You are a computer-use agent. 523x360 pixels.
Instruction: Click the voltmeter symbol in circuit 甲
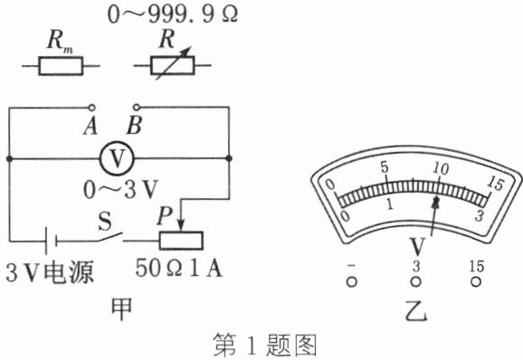117,158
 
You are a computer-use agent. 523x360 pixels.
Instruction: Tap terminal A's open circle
91,108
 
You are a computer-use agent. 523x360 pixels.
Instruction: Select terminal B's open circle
137,107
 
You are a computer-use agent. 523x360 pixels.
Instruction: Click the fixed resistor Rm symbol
61,66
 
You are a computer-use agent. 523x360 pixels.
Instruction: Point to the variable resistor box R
173,65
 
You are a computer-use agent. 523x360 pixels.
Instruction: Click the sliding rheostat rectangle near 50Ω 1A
181,241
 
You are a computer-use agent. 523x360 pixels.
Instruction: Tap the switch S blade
110,236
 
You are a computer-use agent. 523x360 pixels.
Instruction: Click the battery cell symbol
51,241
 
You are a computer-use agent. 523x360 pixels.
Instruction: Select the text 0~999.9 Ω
173,14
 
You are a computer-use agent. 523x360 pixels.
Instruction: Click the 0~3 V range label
120,190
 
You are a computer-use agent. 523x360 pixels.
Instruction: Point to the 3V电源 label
50,272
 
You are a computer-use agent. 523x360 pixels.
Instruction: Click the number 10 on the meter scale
441,168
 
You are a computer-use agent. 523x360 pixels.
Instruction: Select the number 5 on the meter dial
385,167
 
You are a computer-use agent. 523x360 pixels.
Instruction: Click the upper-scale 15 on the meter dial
495,183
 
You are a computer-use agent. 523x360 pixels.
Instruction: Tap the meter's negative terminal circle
352,282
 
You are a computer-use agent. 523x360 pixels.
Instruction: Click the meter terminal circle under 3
415,282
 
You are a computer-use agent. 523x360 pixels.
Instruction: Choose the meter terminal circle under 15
476,282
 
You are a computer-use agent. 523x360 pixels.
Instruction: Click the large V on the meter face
417,247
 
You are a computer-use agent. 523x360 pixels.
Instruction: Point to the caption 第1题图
264,345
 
